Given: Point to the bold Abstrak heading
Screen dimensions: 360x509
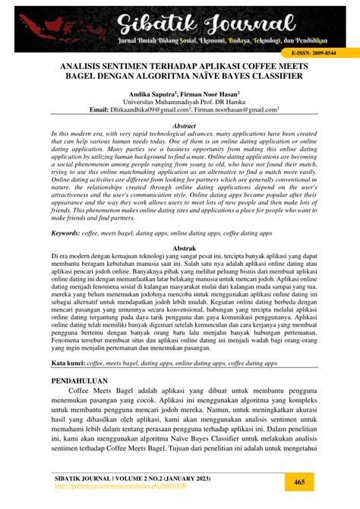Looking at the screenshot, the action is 179,248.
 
